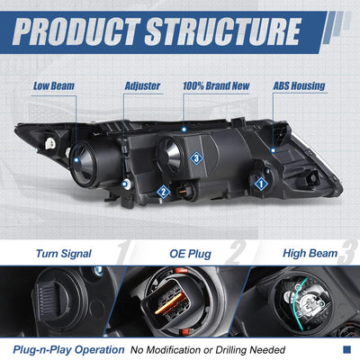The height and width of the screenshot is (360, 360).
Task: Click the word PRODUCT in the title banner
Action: click(x=76, y=31)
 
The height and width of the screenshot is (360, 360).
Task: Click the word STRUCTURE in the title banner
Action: click(x=223, y=31)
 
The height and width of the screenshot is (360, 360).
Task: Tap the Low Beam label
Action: click(x=54, y=86)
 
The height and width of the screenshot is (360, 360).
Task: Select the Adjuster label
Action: click(x=142, y=86)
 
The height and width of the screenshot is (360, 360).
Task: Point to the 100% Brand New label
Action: click(x=216, y=86)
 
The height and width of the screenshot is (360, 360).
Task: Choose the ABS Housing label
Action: click(x=299, y=86)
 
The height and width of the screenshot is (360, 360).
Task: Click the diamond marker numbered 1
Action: click(x=261, y=184)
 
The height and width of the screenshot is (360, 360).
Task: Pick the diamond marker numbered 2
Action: click(x=164, y=191)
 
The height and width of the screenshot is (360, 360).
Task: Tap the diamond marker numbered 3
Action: click(x=196, y=157)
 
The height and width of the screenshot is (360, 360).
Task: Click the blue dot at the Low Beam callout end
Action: click(x=76, y=160)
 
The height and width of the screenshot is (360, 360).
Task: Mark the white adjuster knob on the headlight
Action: click(x=126, y=184)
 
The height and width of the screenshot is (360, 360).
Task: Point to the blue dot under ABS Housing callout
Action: click(x=273, y=150)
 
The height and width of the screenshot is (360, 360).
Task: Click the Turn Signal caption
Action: click(x=64, y=254)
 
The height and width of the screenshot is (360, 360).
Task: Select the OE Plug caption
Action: click(x=191, y=254)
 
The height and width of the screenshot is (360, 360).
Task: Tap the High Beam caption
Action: click(x=310, y=254)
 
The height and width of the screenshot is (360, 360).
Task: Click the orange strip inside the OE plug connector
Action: click(x=168, y=303)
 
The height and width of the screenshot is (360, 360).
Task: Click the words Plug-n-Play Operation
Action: click(x=68, y=350)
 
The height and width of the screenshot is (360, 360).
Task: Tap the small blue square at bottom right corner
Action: click(x=346, y=349)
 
